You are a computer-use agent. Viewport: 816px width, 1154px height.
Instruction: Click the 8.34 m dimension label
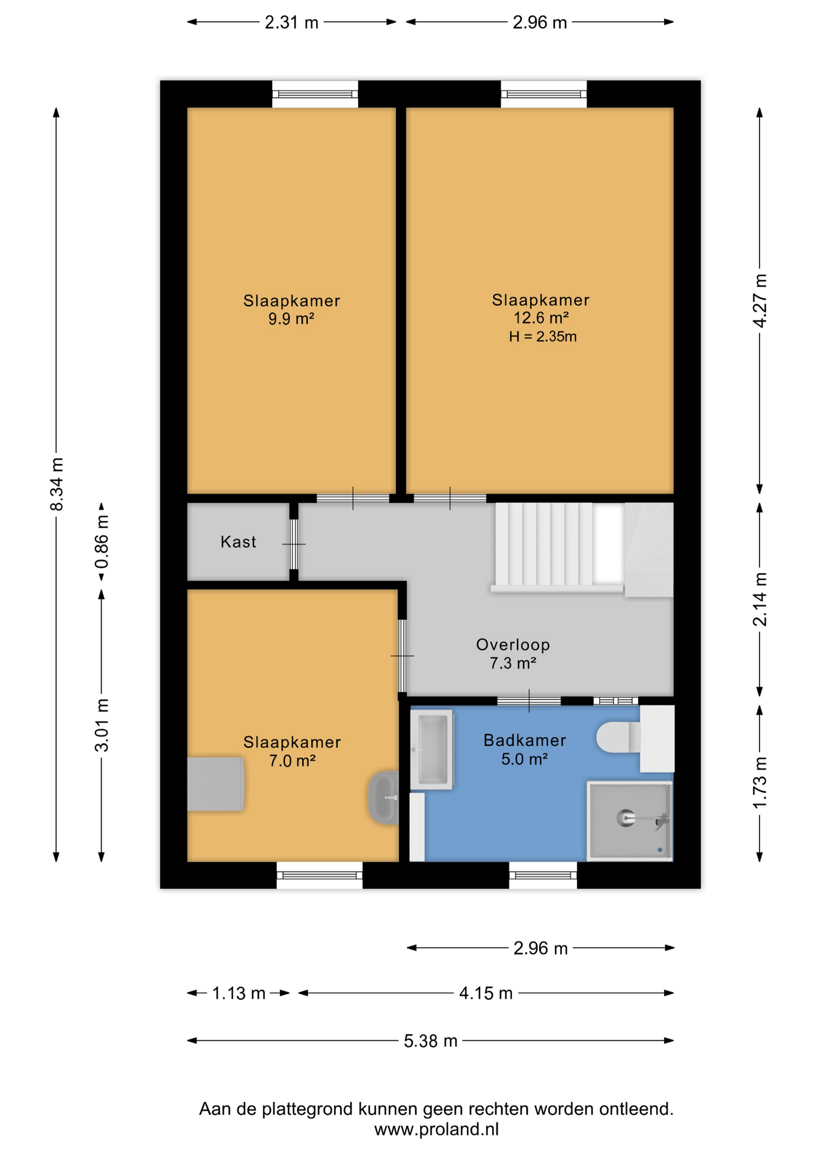click(56, 484)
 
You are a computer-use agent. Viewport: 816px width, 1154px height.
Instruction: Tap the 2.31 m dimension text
click(291, 23)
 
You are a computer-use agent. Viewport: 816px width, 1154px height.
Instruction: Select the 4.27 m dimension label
click(760, 301)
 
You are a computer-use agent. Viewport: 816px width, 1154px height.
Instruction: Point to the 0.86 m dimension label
click(102, 542)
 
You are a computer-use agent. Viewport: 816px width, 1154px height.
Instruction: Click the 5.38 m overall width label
click(430, 1041)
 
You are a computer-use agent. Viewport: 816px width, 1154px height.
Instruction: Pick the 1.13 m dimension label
click(239, 994)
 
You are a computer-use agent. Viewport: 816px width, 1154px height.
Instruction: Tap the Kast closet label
click(238, 542)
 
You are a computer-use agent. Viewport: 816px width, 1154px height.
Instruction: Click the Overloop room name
click(513, 645)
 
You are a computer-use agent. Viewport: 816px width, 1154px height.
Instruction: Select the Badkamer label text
click(525, 740)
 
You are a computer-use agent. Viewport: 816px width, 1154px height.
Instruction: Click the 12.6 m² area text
click(541, 318)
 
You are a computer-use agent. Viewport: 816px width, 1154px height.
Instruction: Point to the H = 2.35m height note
click(543, 337)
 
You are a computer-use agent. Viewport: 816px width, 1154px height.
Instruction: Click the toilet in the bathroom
click(619, 737)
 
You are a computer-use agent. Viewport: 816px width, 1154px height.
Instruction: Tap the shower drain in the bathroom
click(626, 817)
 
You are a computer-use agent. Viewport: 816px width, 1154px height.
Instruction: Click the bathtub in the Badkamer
click(431, 749)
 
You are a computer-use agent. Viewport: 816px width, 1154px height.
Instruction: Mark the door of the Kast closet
click(294, 544)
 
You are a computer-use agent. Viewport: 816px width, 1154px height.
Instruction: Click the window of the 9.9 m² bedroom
click(315, 94)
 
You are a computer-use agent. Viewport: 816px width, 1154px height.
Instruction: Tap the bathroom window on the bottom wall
click(543, 875)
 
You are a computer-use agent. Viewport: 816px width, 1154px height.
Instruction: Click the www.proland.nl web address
click(436, 1129)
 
